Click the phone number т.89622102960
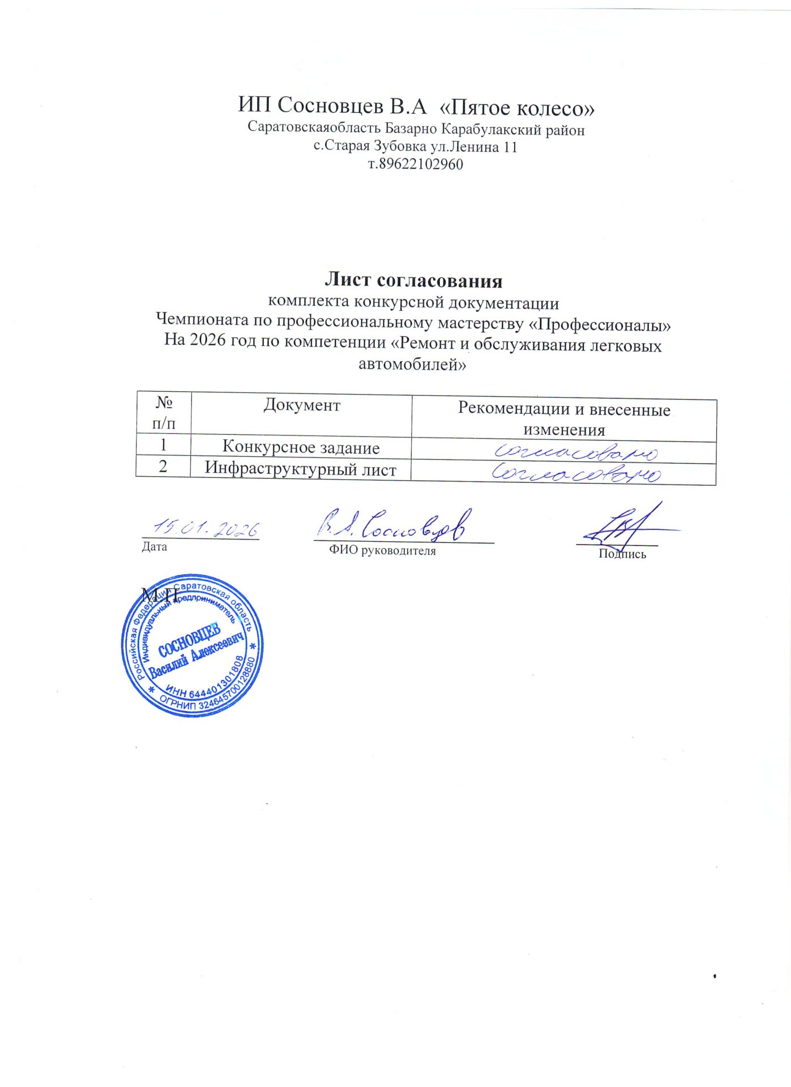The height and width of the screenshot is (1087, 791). point(416,165)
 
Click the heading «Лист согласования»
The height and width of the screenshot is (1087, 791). point(413,280)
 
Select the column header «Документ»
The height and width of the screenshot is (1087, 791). point(302,405)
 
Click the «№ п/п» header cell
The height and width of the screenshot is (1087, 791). point(164,413)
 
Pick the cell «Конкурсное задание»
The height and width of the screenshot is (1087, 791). point(301,447)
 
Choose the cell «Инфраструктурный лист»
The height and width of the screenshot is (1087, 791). point(301,469)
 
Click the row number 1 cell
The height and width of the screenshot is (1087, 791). point(163,445)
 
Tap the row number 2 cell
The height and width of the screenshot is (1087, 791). point(163,467)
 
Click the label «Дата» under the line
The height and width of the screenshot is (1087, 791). point(154,547)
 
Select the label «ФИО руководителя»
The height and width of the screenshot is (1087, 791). point(382,551)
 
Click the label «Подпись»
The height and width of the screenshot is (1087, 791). point(622,554)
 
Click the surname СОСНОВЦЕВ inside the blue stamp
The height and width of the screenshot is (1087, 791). point(189,641)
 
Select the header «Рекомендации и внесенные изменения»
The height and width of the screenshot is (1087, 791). point(564,419)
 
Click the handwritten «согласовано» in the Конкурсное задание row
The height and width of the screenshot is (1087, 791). point(576,453)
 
